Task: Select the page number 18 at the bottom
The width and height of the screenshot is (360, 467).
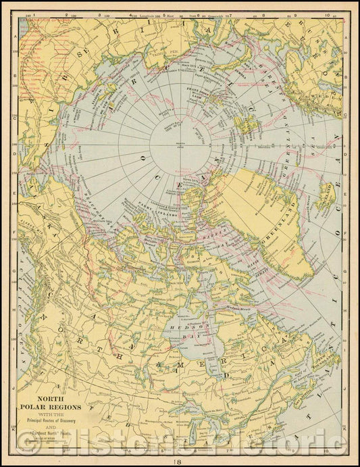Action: click(178, 461)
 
